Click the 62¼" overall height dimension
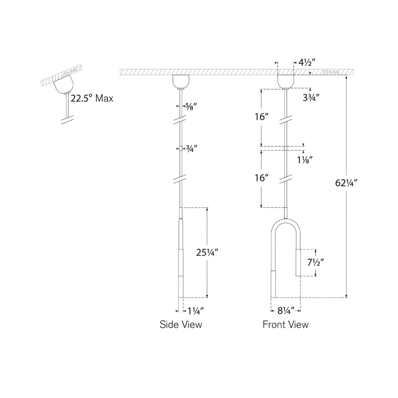pos(346,183)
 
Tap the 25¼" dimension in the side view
pos(207,252)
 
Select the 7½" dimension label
pos(316,262)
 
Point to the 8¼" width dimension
pos(286,310)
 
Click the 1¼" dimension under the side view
pos(195,311)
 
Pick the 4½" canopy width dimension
pos(307,62)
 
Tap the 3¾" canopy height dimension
pos(311,98)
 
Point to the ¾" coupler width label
pos(192,148)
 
